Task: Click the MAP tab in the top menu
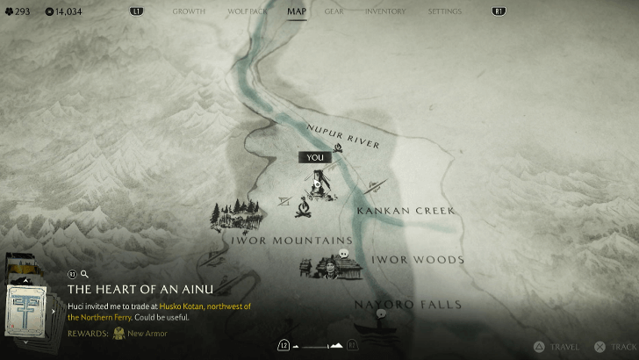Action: tap(297, 11)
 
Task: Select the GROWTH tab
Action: tap(189, 11)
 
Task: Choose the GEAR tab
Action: tap(334, 11)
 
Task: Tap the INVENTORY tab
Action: tap(384, 11)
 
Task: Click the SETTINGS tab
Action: tap(444, 11)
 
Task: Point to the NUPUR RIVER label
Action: tap(342, 136)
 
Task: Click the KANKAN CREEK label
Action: tap(405, 211)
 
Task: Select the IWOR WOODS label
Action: tap(417, 260)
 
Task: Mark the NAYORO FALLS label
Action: tap(395, 304)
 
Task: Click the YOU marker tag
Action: tap(315, 157)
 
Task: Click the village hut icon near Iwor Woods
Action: tap(323, 265)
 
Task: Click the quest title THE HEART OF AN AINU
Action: tap(140, 289)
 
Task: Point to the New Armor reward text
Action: tap(147, 334)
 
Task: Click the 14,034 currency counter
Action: tap(63, 11)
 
